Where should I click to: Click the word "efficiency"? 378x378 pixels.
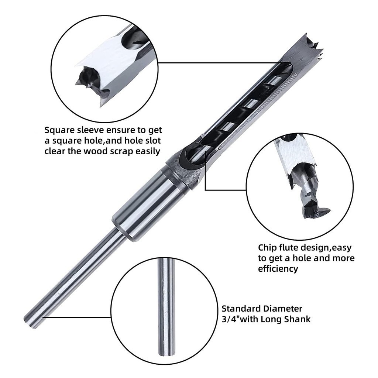278,269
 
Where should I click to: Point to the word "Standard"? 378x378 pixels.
241,309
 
